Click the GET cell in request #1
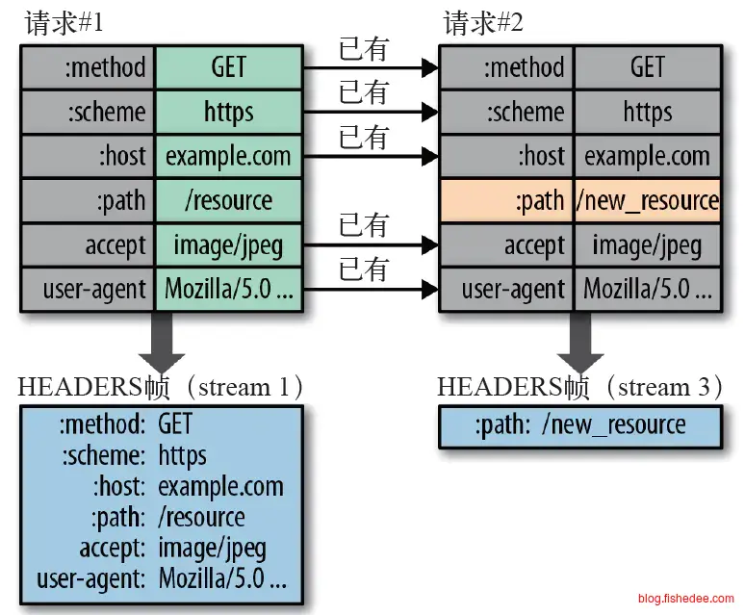click(x=228, y=67)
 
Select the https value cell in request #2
click(x=648, y=112)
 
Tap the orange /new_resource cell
click(x=648, y=200)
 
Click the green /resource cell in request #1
click(x=228, y=200)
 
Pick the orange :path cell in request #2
click(x=506, y=200)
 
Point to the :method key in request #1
click(x=88, y=67)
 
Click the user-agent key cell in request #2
click(x=506, y=289)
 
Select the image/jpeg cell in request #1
click(x=228, y=244)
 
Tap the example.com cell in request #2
click(x=648, y=156)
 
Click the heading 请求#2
click(x=483, y=23)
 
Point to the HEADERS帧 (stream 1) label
click(x=162, y=387)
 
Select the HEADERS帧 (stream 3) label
click(x=580, y=387)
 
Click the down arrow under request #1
click(x=161, y=342)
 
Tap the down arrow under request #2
click(x=579, y=342)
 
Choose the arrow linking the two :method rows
click(x=371, y=68)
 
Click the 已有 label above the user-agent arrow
click(x=363, y=269)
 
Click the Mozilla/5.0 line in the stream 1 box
click(x=162, y=580)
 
